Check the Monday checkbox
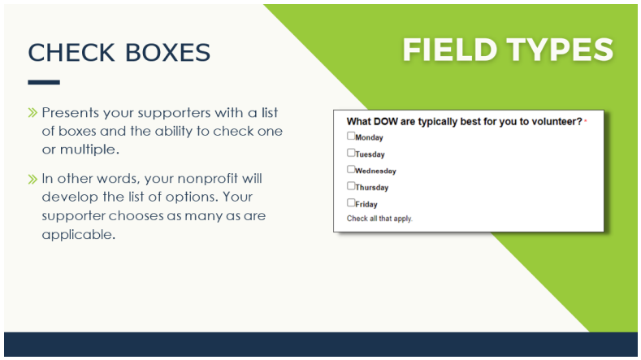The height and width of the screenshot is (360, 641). [x=351, y=136]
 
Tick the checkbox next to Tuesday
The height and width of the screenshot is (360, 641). [x=351, y=153]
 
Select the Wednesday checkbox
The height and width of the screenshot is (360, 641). [x=351, y=169]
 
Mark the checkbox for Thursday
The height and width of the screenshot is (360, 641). [x=351, y=186]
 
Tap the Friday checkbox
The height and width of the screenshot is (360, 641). [x=351, y=202]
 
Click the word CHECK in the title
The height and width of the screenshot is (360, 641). [x=71, y=53]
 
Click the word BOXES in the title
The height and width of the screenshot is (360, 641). [x=167, y=53]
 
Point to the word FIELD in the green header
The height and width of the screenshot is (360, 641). [x=450, y=50]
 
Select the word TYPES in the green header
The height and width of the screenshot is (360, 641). [x=561, y=50]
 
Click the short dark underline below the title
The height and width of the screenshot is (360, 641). [x=44, y=82]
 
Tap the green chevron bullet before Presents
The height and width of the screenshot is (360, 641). [x=32, y=112]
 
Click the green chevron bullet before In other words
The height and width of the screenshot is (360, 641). [x=32, y=179]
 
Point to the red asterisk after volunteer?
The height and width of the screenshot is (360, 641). [x=586, y=121]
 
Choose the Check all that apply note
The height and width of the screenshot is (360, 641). [x=379, y=219]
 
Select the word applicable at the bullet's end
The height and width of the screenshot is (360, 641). [x=79, y=234]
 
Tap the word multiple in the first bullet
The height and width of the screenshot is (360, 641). [x=89, y=150]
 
